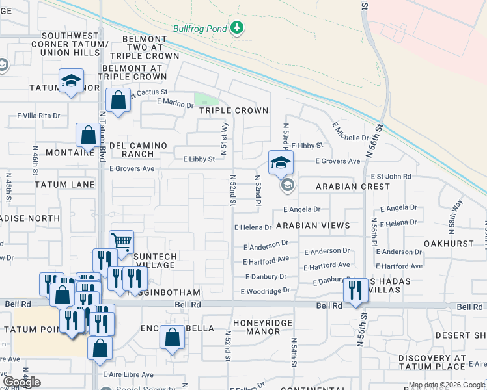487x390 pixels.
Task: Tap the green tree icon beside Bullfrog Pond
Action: (238, 27)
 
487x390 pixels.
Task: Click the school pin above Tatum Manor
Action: (71, 81)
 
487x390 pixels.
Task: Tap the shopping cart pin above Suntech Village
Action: (121, 242)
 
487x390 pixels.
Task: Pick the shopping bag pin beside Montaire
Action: (88, 136)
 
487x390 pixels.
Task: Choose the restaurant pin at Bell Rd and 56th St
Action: (355, 291)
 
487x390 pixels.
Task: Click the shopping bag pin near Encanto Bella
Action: (171, 338)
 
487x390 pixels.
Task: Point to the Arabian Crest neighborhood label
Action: (352, 187)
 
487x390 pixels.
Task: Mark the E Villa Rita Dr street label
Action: (38, 116)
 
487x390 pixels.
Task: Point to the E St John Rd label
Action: (391, 176)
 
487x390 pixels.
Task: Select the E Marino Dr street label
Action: (175, 103)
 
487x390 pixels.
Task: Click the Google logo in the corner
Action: (21, 382)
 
